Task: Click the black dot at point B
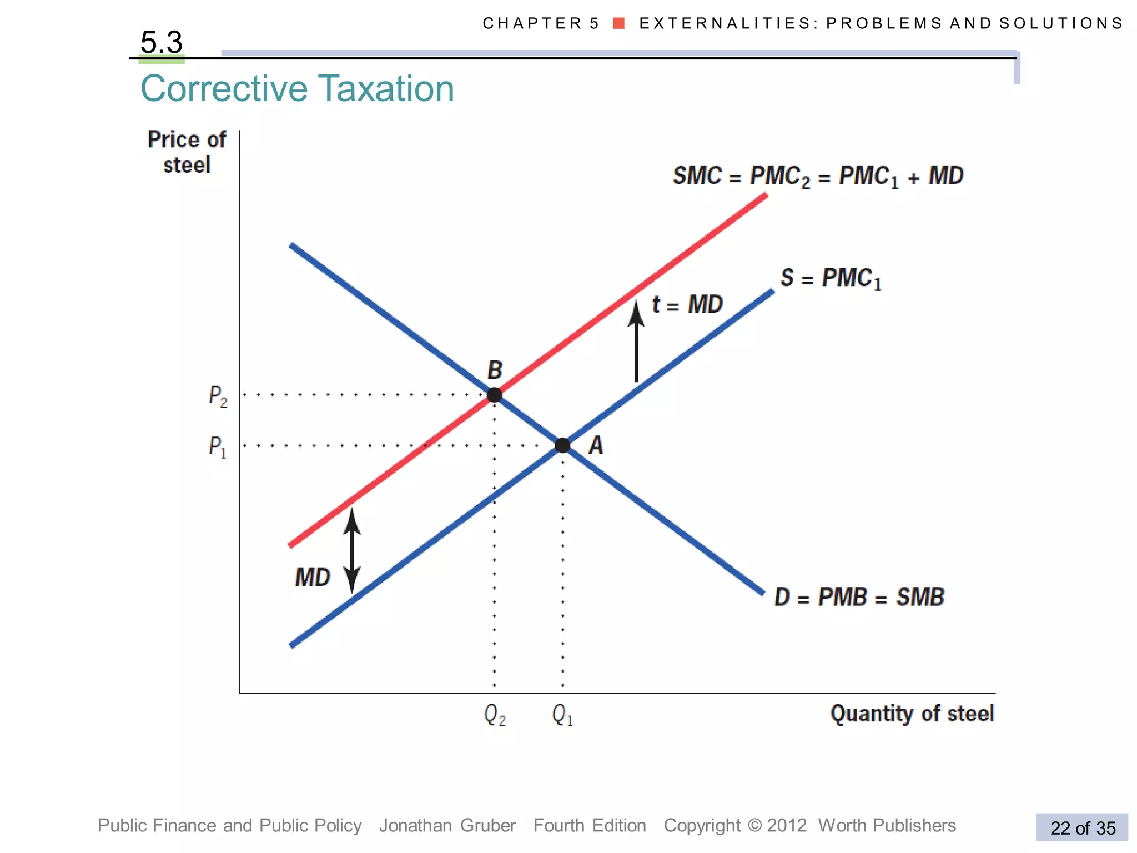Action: click(x=494, y=395)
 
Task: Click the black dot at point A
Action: click(x=562, y=445)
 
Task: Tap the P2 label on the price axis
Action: click(x=218, y=397)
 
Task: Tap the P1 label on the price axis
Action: click(x=218, y=446)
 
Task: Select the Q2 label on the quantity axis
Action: click(x=495, y=715)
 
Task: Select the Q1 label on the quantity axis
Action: click(x=562, y=715)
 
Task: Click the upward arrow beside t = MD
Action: click(x=636, y=342)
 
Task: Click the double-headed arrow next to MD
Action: click(x=352, y=550)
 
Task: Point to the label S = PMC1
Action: click(x=831, y=278)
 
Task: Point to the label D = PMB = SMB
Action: click(x=859, y=598)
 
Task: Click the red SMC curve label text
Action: click(x=818, y=177)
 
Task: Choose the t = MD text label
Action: click(x=687, y=304)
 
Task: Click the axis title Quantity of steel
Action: click(x=912, y=714)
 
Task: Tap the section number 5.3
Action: click(x=162, y=42)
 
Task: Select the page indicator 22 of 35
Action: click(x=1082, y=828)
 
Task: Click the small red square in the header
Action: click(x=619, y=23)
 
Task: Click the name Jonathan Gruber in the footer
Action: click(x=447, y=826)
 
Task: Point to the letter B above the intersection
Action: click(x=495, y=370)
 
